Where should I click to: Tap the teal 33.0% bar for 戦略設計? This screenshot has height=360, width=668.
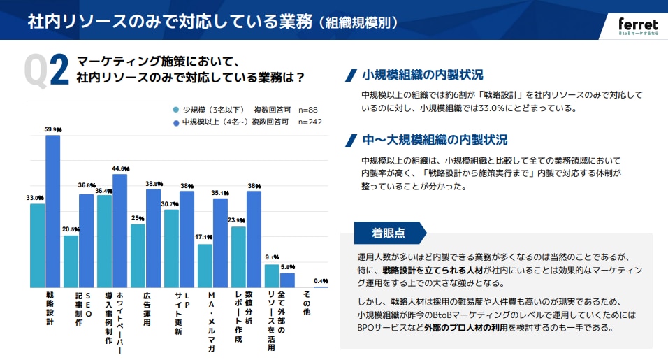37,245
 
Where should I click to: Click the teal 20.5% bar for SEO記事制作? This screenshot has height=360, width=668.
71,261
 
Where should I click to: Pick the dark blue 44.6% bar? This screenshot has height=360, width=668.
120,231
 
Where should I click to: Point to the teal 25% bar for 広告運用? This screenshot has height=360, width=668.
138,255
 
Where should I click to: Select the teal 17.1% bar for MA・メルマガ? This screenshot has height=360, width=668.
205,265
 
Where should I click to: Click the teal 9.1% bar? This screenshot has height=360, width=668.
272,275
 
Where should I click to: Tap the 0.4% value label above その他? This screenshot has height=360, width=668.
321,281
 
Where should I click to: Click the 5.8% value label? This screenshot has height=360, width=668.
288,267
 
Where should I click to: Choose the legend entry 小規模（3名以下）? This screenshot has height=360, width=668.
208,110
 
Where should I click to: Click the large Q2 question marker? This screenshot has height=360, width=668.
46,70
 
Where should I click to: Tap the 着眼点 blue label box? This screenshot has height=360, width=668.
388,232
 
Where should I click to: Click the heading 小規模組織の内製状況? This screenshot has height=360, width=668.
422,75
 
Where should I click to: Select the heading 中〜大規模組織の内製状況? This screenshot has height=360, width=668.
435,140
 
